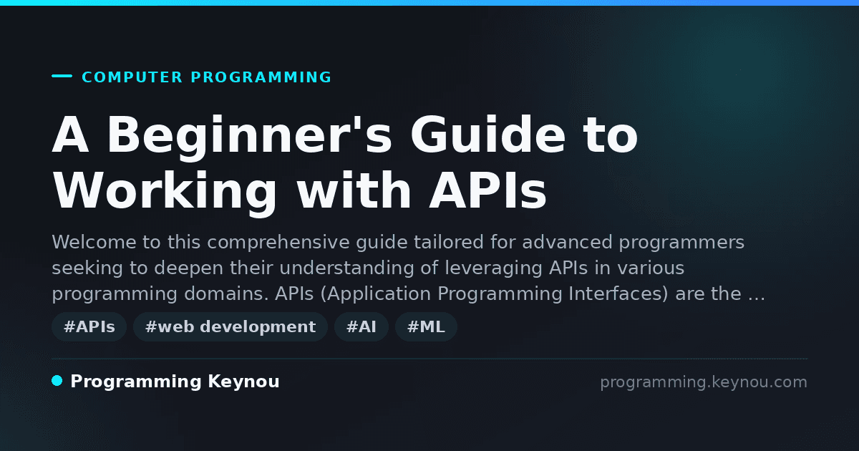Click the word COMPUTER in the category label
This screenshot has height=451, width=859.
132,77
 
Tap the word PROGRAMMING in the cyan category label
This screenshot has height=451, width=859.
261,77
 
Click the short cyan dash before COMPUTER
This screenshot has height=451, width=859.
62,76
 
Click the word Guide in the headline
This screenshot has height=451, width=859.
487,135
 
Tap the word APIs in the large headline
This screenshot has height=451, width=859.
487,190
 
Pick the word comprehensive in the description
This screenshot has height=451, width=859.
278,243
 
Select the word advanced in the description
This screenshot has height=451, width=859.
567,243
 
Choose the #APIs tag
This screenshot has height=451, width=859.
89,326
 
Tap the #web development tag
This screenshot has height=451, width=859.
230,326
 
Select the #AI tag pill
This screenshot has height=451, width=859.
361,326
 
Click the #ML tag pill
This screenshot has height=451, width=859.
426,326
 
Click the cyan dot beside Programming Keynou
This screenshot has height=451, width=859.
57,381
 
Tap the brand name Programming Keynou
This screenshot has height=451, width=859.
175,382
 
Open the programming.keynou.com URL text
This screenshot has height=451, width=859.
704,382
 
